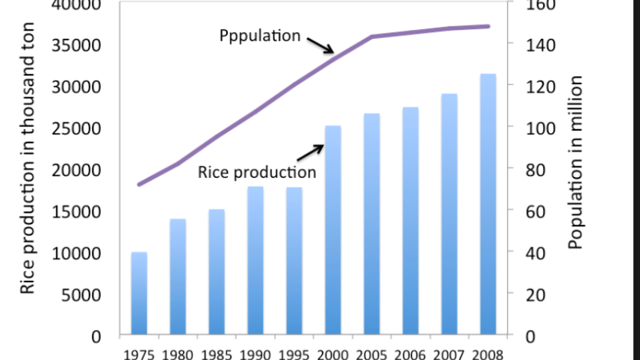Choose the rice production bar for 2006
(409, 220)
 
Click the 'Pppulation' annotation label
(259, 36)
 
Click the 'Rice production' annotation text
(256, 173)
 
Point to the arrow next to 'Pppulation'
(320, 46)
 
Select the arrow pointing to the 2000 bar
(310, 152)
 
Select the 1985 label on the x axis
(217, 353)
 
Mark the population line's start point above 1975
(139, 184)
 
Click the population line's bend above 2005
(371, 36)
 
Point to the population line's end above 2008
(488, 26)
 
